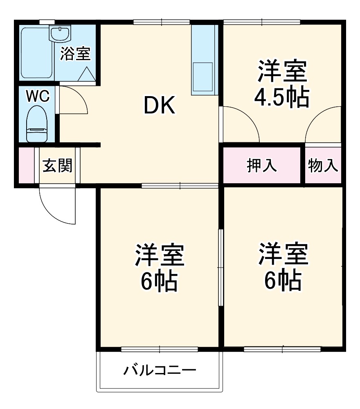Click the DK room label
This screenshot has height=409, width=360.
point(159,106)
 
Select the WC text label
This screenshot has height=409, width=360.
point(38,96)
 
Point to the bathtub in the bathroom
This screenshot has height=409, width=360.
point(36,53)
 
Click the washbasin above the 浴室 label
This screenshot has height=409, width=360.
point(60,34)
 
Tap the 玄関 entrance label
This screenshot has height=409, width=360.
point(58,166)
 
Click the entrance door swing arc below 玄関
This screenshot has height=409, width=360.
point(57,207)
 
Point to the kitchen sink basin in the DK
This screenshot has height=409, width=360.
point(202,76)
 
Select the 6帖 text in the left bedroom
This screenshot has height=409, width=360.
point(159,281)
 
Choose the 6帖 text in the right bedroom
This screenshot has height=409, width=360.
point(282,279)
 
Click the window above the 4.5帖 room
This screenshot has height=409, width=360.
point(262,22)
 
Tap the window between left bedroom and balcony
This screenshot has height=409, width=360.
point(160,350)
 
